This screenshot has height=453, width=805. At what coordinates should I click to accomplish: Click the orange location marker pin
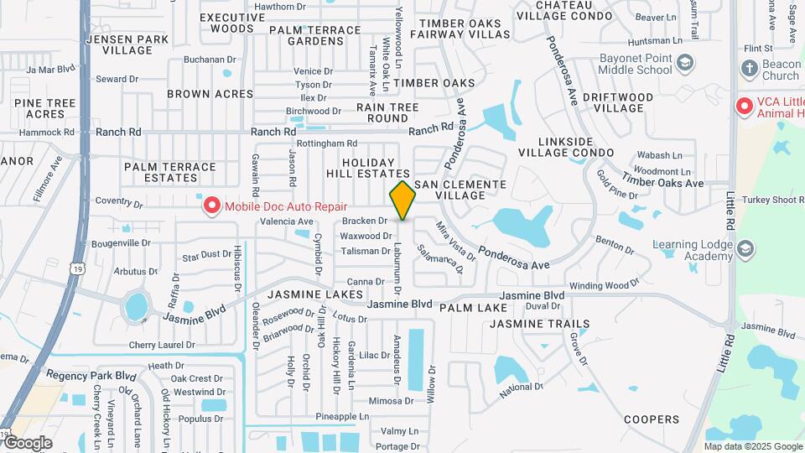(x=402, y=200)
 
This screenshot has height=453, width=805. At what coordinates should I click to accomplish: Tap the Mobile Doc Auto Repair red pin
(x=210, y=205)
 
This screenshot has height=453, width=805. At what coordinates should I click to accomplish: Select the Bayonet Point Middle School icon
(x=685, y=63)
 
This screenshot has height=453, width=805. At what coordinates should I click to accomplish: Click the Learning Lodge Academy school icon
(x=746, y=248)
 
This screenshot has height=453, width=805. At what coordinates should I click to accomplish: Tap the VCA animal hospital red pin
(x=743, y=107)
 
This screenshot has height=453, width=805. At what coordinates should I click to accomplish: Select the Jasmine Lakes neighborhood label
(x=316, y=295)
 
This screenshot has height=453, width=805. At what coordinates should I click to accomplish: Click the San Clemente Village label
(x=461, y=190)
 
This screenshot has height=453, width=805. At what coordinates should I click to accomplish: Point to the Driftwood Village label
(x=623, y=103)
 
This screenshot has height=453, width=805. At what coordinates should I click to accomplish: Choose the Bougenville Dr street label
(x=112, y=243)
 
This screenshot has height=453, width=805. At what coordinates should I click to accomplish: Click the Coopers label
(x=652, y=419)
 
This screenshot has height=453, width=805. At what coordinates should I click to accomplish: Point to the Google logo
(x=27, y=443)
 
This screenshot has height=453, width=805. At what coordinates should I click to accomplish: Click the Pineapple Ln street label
(x=342, y=416)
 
